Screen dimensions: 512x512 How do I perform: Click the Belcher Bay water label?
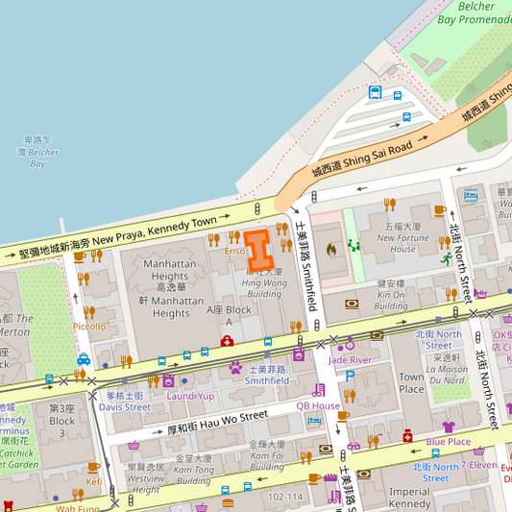(x=37, y=152)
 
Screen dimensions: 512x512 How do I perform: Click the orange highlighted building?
(x=259, y=249)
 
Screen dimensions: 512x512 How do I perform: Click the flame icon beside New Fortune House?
(x=331, y=249)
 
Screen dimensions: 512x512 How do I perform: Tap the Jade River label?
(x=350, y=359)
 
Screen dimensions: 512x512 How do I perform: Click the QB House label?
(x=318, y=405)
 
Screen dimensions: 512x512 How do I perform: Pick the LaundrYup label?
(x=190, y=396)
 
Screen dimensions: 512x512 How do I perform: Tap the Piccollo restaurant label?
(x=89, y=327)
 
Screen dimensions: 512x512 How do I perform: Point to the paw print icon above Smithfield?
(x=235, y=367)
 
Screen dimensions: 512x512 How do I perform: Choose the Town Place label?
(x=411, y=382)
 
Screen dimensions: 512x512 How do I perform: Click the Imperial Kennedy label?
(x=409, y=498)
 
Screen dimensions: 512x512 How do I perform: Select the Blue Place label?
(x=449, y=441)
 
